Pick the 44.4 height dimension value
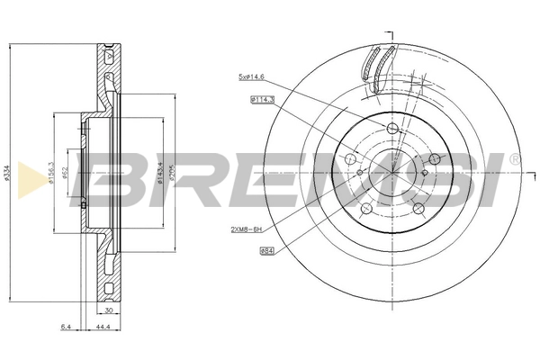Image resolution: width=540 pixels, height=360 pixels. point(102,326)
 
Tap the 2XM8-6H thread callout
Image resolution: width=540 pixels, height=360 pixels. point(246,229)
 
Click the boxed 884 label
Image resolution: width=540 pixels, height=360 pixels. point(266,250)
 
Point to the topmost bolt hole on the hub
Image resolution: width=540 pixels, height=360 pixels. point(391,129)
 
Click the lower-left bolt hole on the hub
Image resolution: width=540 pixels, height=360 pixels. point(365,209)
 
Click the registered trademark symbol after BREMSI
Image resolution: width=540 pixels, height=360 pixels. point(514,158)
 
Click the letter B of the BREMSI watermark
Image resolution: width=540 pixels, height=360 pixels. point(112,175)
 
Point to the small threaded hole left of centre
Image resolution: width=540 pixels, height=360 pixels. point(359,172)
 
